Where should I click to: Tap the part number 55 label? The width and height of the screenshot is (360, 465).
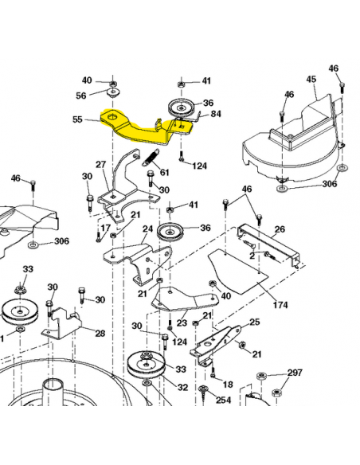(77, 119)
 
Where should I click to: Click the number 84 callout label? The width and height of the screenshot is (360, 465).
(216, 114)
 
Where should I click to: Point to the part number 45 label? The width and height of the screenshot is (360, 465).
(311, 79)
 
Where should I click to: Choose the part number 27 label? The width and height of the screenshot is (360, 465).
(100, 165)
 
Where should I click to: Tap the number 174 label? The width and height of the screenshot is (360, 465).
(280, 305)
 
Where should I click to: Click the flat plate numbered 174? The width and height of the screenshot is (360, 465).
(237, 271)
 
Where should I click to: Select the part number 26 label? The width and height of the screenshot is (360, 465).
(280, 229)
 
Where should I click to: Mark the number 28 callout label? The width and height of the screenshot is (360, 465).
(100, 333)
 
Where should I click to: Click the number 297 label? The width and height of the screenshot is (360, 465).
(295, 373)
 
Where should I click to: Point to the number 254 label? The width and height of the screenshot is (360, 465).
(223, 400)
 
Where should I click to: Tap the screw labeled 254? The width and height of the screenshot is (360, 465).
(203, 392)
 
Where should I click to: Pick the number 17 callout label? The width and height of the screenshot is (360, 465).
(105, 228)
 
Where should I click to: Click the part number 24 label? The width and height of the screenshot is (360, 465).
(147, 229)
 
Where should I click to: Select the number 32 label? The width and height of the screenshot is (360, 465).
(182, 387)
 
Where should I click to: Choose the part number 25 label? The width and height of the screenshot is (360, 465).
(254, 322)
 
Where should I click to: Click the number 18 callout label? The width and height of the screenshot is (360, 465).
(228, 385)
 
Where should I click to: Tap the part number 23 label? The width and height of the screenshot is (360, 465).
(182, 322)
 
